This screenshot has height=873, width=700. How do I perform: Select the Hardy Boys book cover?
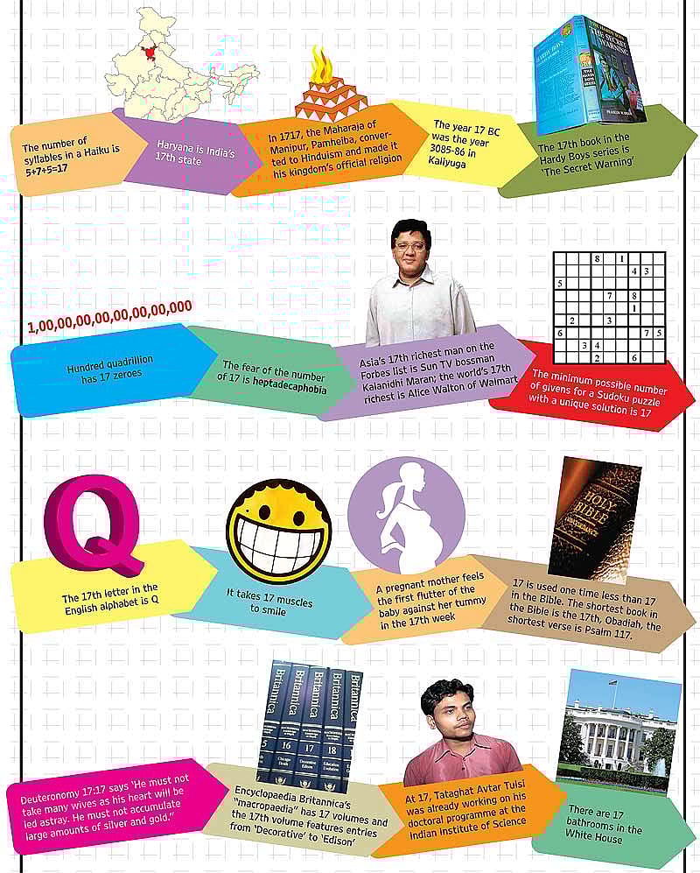coord(591,70)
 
